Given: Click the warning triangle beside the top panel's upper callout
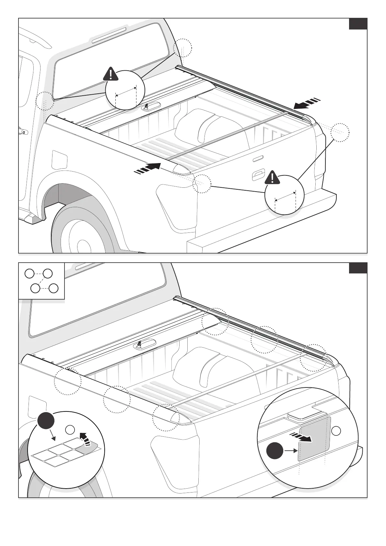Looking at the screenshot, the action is (111, 74).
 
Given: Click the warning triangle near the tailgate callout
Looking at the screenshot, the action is (273, 178).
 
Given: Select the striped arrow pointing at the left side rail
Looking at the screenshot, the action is (147, 169).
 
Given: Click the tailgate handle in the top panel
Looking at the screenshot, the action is (258, 176).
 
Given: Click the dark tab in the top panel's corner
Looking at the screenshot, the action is (358, 24).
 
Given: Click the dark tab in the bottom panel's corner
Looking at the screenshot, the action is (358, 268).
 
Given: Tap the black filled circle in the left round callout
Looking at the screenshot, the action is (46, 421).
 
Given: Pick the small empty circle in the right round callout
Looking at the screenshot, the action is (336, 431).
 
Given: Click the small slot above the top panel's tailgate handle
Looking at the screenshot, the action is (258, 158).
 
